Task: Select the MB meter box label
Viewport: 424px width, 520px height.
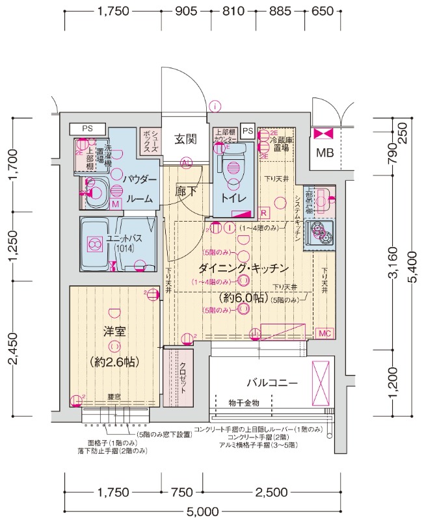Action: (323, 153)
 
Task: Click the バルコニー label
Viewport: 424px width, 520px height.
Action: (272, 382)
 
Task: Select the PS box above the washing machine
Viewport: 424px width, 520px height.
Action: (87, 129)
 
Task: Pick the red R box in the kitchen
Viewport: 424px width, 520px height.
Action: (264, 213)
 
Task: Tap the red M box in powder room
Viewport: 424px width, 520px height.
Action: (115, 204)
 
